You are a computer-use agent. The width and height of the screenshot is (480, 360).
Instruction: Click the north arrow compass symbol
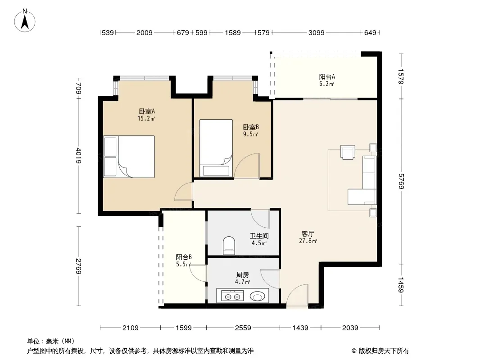click(25, 21)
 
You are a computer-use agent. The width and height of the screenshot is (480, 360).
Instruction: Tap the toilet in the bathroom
click(229, 245)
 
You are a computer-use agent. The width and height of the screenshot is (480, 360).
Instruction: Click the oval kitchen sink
click(258, 297)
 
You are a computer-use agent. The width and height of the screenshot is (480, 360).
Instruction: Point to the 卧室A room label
click(147, 111)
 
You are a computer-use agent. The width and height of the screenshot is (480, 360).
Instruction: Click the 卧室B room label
click(251, 127)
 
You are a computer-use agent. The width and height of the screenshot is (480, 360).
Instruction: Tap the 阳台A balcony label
click(327, 77)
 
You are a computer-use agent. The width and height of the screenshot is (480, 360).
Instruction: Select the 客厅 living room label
click(308, 234)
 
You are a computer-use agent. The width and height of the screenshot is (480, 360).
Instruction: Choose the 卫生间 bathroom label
click(259, 236)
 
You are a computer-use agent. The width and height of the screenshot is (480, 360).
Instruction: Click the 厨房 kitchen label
click(242, 275)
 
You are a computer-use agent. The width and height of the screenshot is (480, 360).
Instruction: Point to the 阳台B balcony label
click(184, 257)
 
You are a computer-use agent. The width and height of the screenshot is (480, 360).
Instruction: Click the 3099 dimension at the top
click(316, 32)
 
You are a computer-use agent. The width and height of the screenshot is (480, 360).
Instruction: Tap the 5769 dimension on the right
click(401, 181)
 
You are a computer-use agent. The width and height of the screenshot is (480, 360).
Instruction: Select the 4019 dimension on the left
click(79, 156)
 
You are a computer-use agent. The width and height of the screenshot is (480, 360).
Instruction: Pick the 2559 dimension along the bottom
click(243, 328)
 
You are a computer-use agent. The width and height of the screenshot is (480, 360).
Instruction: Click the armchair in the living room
click(348, 152)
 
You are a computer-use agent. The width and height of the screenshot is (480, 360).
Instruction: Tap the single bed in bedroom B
click(216, 148)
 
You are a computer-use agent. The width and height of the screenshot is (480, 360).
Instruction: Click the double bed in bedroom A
click(129, 157)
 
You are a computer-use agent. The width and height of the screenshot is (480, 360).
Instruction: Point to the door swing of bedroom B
click(247, 166)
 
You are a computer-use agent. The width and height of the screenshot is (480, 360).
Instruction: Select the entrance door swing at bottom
click(297, 295)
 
